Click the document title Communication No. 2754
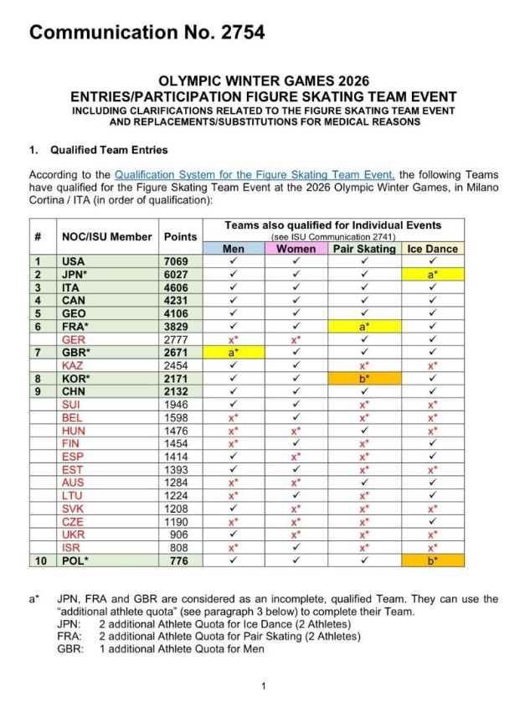(x=147, y=33)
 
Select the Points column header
(x=181, y=236)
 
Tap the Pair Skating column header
(x=365, y=249)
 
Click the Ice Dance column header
(x=433, y=249)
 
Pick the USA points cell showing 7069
(x=181, y=261)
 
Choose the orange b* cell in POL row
(x=433, y=560)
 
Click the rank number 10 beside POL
(x=39, y=560)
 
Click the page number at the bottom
(x=264, y=686)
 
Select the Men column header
(x=234, y=249)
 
